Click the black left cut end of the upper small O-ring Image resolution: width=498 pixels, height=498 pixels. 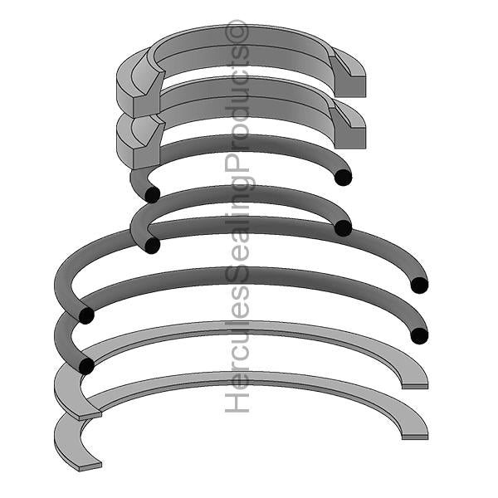(152, 194)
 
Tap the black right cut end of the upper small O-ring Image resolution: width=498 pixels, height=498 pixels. (343, 177)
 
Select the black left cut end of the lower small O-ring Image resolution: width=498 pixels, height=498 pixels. (152, 246)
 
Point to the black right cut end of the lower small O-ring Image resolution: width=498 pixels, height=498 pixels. (343, 228)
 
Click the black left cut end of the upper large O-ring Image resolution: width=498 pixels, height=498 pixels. (85, 315)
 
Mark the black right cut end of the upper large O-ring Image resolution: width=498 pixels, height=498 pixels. (419, 285)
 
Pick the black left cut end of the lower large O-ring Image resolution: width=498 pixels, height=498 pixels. (85, 366)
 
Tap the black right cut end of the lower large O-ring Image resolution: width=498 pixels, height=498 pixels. (419, 335)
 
